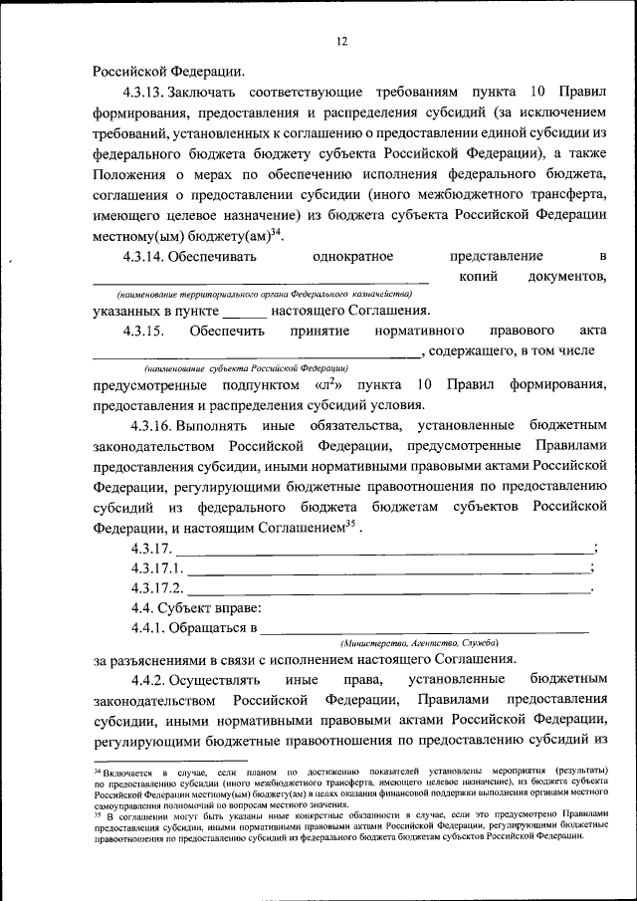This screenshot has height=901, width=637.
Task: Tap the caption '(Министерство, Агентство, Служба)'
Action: [419, 644]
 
